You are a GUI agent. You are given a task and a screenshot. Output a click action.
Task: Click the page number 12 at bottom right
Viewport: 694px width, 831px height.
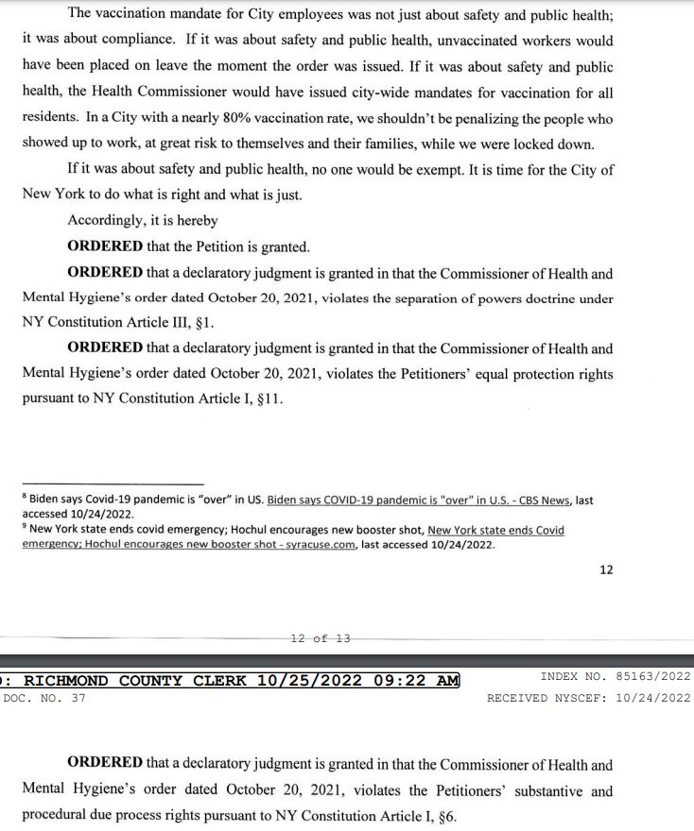point(606,569)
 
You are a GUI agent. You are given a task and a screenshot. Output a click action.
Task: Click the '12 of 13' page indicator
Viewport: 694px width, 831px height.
point(321,638)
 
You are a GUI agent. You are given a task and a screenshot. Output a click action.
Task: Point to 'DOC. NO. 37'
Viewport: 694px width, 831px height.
point(44,698)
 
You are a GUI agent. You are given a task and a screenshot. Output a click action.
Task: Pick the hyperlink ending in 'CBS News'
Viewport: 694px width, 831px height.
point(419,500)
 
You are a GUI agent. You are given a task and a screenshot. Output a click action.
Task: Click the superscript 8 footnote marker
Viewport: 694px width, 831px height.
point(24,496)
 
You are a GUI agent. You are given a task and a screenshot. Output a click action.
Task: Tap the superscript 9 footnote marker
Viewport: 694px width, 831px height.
point(24,527)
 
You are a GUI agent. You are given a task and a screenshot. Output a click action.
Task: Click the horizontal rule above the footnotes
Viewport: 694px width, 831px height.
point(113,484)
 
